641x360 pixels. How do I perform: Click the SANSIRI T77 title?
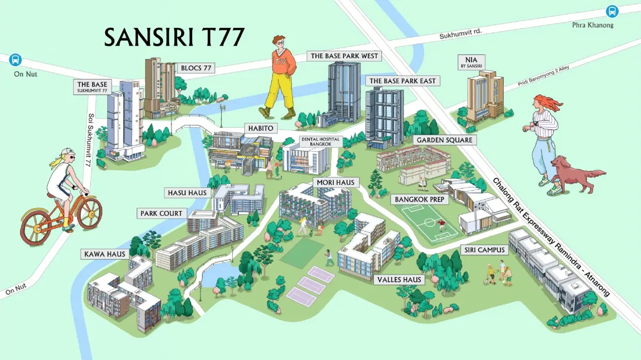pyautogui.click(x=174, y=38)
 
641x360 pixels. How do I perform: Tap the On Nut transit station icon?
pyautogui.click(x=15, y=59)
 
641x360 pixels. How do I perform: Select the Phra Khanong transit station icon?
pyautogui.click(x=612, y=11)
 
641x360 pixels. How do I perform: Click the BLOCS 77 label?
pyautogui.click(x=197, y=68)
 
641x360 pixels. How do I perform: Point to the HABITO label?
pyautogui.click(x=261, y=128)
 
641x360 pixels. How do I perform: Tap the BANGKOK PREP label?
pyautogui.click(x=420, y=199)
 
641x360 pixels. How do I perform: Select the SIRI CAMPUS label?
pyautogui.click(x=480, y=250)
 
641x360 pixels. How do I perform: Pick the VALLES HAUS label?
pyautogui.click(x=400, y=279)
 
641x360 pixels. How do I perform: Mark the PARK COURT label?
pyautogui.click(x=161, y=213)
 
